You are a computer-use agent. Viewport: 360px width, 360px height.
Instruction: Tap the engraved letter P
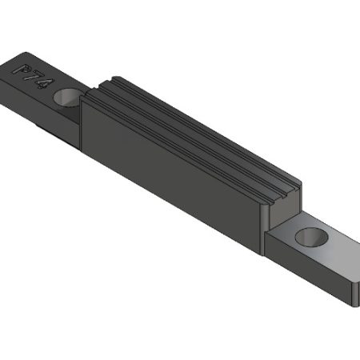tap(24, 70)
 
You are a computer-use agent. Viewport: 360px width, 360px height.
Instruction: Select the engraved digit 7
tap(34, 78)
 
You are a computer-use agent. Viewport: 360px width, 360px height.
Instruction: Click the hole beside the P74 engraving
tap(67, 98)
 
